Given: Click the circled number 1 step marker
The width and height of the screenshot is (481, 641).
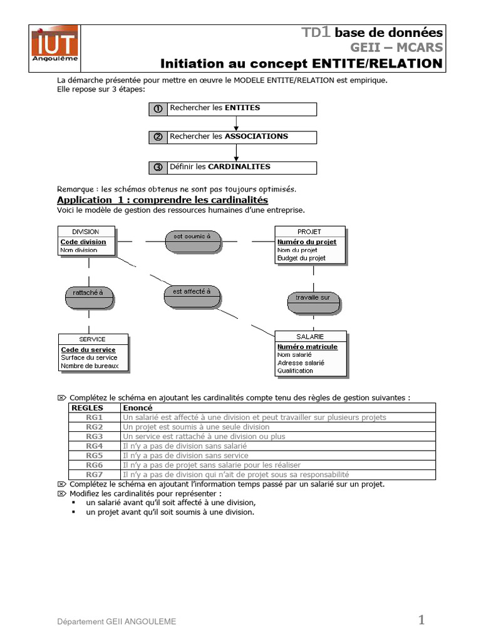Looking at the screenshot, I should (x=158, y=108).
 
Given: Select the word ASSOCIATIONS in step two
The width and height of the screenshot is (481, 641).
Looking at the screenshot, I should (x=256, y=136).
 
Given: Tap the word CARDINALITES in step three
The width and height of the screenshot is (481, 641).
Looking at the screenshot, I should (x=239, y=167).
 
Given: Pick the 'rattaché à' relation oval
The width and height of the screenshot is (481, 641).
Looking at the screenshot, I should (x=88, y=293).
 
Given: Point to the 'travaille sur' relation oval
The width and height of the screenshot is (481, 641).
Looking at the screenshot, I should (x=313, y=298).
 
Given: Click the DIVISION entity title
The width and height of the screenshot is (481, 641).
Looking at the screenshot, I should (x=86, y=232).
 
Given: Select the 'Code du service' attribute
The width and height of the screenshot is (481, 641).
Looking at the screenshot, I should (x=88, y=350).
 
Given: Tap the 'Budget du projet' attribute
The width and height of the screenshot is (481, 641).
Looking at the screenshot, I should (x=301, y=258).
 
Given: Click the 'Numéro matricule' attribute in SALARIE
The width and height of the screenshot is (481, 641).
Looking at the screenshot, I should (x=307, y=347).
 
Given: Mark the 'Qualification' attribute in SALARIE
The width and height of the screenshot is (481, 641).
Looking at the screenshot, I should (x=295, y=371).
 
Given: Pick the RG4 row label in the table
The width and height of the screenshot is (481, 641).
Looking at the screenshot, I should (x=95, y=446).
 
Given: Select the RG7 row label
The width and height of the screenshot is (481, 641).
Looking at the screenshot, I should (x=95, y=474).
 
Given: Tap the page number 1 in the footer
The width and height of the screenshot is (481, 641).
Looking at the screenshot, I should (x=422, y=620).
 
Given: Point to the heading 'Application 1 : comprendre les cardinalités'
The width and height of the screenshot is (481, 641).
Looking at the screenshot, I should (x=162, y=200).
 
